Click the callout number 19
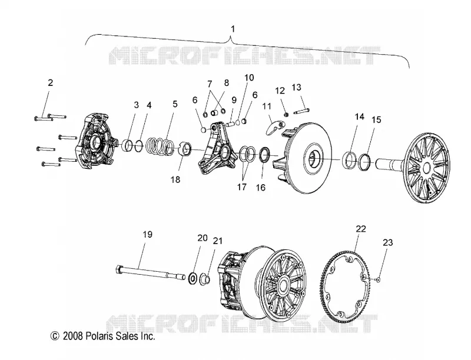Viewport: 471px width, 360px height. click(x=148, y=234)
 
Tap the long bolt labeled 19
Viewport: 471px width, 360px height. click(x=150, y=272)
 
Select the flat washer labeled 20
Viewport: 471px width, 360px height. click(x=193, y=278)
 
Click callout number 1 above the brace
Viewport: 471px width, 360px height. click(x=233, y=29)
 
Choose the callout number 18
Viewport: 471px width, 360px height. click(x=175, y=179)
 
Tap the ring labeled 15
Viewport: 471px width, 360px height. click(x=366, y=162)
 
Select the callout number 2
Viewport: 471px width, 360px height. click(x=50, y=82)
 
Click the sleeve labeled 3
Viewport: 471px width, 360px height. click(x=128, y=145)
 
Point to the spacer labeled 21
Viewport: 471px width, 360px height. click(x=204, y=278)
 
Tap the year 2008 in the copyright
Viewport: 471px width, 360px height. click(x=72, y=336)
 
